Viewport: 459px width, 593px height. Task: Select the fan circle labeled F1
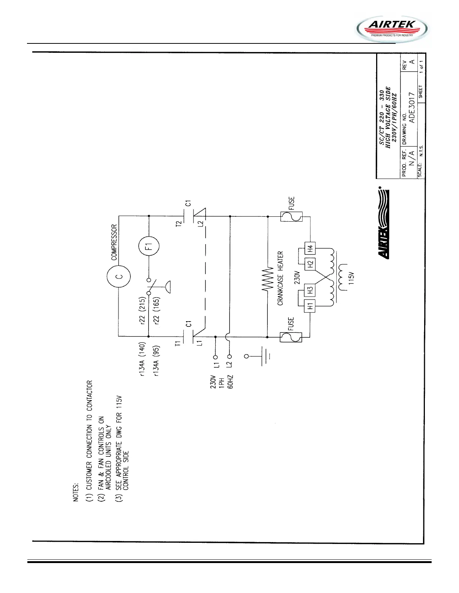click(x=149, y=246)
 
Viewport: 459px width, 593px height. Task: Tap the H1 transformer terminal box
click(x=310, y=306)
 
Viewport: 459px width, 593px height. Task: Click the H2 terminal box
click(x=310, y=264)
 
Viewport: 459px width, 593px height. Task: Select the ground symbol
click(x=262, y=356)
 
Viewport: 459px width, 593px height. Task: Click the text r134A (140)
click(x=142, y=360)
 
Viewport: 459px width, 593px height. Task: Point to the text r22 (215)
click(x=142, y=311)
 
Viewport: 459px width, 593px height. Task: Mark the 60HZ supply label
click(x=231, y=381)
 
